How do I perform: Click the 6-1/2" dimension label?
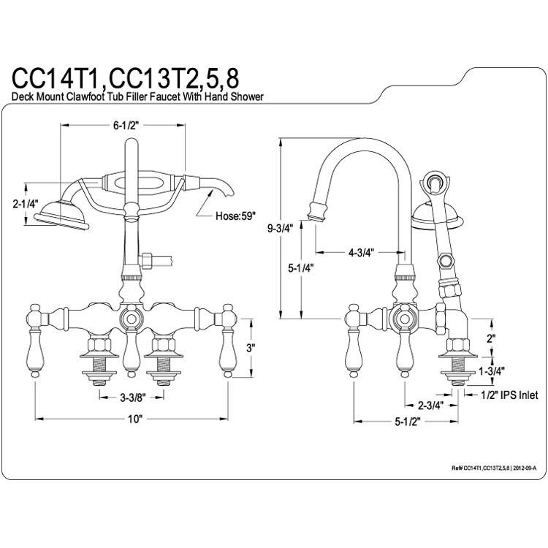point(126,126)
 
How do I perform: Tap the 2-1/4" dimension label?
point(24,204)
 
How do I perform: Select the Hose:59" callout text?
point(235,216)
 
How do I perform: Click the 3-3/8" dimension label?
point(133,397)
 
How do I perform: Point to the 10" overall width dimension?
point(135,419)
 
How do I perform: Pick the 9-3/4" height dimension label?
point(280,229)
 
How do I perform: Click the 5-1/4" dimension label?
point(300,268)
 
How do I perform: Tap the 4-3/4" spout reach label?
point(362,252)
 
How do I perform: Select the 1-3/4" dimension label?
point(492,370)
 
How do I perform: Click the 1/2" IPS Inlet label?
point(509,395)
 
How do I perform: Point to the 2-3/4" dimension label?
point(430,406)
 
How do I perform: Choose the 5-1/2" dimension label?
point(407,422)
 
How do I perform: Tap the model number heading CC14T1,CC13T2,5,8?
point(126,80)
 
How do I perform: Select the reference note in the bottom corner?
point(493,468)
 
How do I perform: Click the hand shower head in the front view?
point(62,216)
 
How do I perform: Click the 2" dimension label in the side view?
point(492,338)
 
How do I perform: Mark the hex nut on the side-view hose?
point(444,261)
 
